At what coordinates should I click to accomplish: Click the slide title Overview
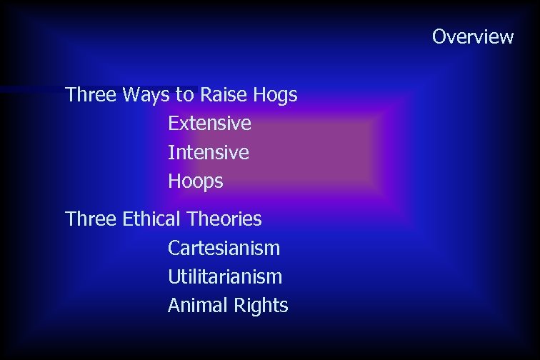[x=472, y=36]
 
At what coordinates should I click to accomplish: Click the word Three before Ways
[x=91, y=94]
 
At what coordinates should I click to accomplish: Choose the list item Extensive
[x=209, y=124]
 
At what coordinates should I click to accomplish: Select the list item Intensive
[x=209, y=152]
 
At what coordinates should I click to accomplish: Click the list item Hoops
[x=195, y=182]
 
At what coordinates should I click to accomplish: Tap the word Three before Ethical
[x=91, y=219]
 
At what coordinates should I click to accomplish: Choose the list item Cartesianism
[x=224, y=248]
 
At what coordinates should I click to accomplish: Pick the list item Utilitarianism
[x=224, y=276]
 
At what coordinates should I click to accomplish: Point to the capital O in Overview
[x=439, y=36]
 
